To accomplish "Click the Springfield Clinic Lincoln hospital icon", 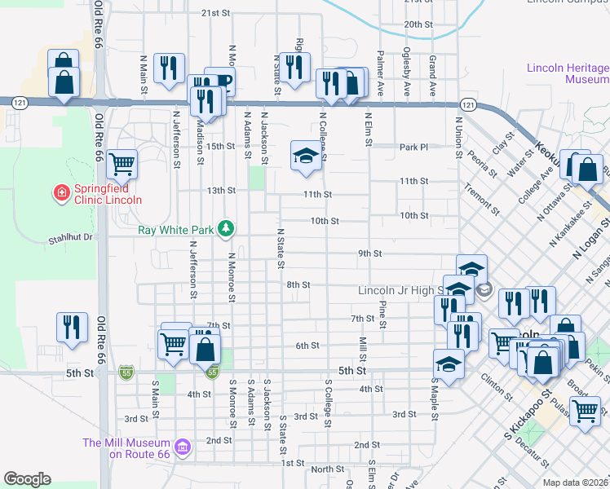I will point(60,192).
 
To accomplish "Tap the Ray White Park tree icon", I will point(231,230).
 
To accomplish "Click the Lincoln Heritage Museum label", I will point(568,74).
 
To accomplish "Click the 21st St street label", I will point(217,13).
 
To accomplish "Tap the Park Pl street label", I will point(413,148).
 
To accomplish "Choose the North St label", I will point(328,469).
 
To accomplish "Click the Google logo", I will point(27,479).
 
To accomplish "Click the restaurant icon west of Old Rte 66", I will point(72,326).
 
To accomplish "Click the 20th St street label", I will point(418,25).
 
